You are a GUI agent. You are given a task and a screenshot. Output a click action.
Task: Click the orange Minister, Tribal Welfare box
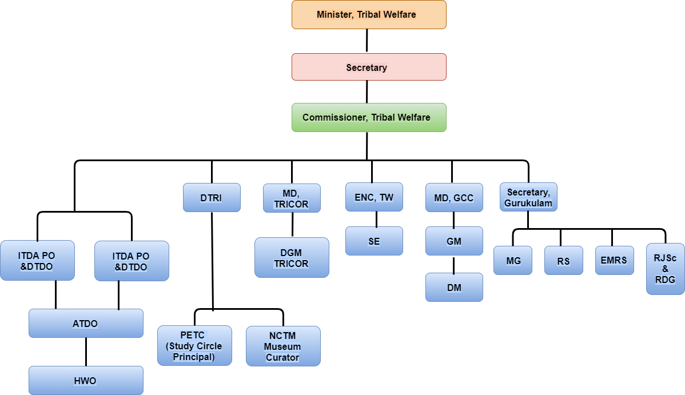pos(369,15)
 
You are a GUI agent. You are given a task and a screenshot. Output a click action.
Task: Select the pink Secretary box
pos(369,67)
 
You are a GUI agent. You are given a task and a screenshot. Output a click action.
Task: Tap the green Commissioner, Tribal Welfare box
pos(369,117)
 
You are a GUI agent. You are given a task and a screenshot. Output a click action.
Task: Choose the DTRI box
pos(212,197)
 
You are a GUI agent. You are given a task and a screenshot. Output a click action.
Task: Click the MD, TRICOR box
pos(292,197)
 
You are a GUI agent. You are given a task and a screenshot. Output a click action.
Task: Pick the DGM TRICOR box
pos(292,257)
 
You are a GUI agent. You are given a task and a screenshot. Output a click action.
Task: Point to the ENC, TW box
pos(374,197)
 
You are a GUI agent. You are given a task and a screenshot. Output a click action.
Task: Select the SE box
pos(374,241)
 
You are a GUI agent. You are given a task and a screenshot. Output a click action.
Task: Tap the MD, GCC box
pos(454,197)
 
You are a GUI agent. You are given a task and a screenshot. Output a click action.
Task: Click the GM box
pos(454,241)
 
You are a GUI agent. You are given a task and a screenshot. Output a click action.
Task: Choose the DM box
pos(454,287)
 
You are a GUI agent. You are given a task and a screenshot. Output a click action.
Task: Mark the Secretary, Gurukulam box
pos(528,197)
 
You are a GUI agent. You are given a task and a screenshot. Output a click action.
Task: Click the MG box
pos(513,260)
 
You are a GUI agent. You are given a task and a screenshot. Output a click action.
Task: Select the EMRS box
pos(614,260)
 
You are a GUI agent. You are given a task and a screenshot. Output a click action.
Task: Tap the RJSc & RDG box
pos(665,269)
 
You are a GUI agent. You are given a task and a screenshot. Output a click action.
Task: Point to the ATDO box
pos(86,324)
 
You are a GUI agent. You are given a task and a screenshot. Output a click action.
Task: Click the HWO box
pos(86,380)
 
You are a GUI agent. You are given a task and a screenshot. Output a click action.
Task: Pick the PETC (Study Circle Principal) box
pos(194,345)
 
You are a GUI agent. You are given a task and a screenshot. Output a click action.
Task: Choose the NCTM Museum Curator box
pos(283,346)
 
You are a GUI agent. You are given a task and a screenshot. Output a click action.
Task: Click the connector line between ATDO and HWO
pos(86,352)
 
